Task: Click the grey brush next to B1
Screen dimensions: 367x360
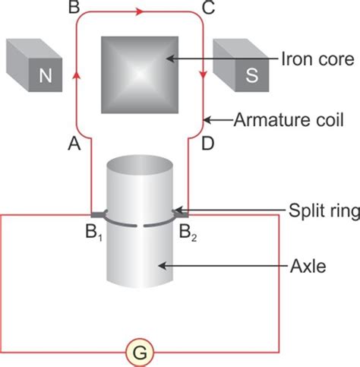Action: point(97,215)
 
